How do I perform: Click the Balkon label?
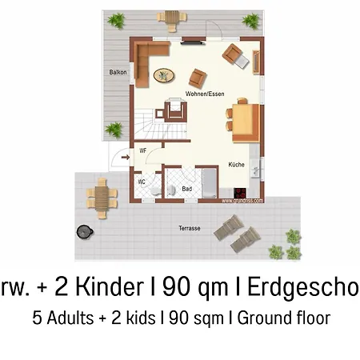click(118, 72)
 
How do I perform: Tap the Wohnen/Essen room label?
click(205, 94)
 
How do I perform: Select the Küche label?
click(236, 164)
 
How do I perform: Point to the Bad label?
click(187, 189)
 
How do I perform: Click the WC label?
click(142, 182)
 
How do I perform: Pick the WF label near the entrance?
click(142, 150)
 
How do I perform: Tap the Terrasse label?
click(190, 229)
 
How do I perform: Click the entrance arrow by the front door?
click(125, 158)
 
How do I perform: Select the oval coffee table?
click(165, 75)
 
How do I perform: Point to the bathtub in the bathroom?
click(207, 184)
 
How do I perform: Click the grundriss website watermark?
click(241, 202)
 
